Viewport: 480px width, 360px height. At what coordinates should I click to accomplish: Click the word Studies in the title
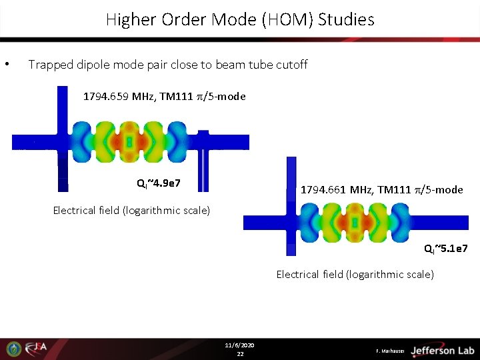(346, 20)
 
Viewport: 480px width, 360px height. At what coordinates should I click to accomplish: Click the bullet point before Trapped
(6, 65)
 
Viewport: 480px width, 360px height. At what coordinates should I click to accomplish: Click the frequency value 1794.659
(106, 97)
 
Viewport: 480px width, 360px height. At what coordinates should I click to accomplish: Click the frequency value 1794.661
(324, 190)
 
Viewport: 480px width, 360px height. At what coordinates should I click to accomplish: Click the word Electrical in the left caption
(76, 211)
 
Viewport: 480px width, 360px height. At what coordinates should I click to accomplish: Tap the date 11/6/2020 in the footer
(240, 345)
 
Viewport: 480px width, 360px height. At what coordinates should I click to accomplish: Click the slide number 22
(240, 354)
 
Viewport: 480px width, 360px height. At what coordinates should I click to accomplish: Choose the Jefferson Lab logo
(441, 350)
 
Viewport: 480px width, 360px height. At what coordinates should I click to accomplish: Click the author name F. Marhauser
(391, 351)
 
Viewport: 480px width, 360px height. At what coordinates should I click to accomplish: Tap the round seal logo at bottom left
(14, 349)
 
